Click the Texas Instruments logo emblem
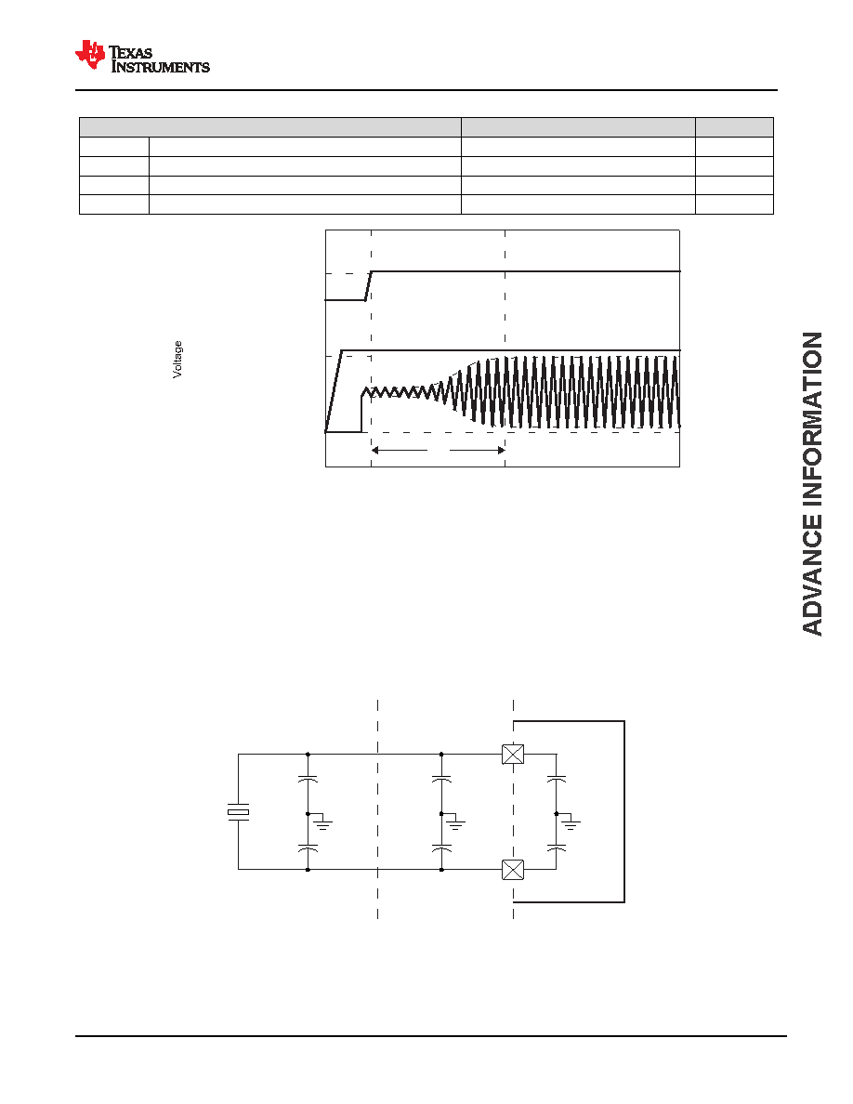tap(90, 55)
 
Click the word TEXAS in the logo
tap(131, 53)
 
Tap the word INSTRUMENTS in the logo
tap(161, 67)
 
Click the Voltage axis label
tap(177, 359)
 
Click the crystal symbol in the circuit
tap(238, 812)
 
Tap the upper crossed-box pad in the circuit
tap(513, 754)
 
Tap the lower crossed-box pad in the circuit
tap(513, 870)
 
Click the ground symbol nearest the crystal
tap(322, 821)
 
